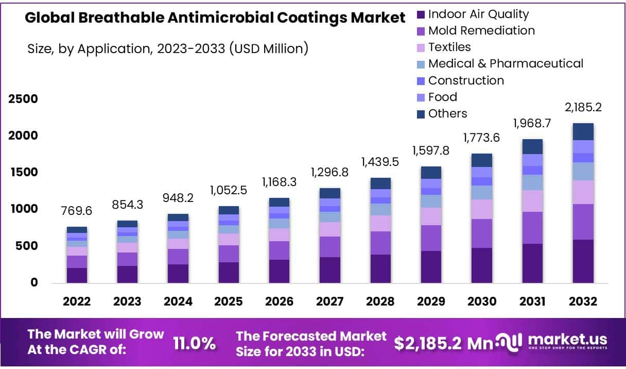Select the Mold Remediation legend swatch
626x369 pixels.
point(421,31)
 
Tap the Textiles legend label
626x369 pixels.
point(449,47)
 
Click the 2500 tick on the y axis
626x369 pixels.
point(23,99)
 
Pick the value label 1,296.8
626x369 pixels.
point(329,173)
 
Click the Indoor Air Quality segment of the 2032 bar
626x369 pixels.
point(583,261)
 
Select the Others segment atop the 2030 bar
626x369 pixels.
point(481,160)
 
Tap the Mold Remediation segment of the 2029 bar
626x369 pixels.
point(431,238)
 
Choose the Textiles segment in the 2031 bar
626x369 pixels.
point(532,201)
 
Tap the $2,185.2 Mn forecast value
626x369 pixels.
point(437,344)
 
